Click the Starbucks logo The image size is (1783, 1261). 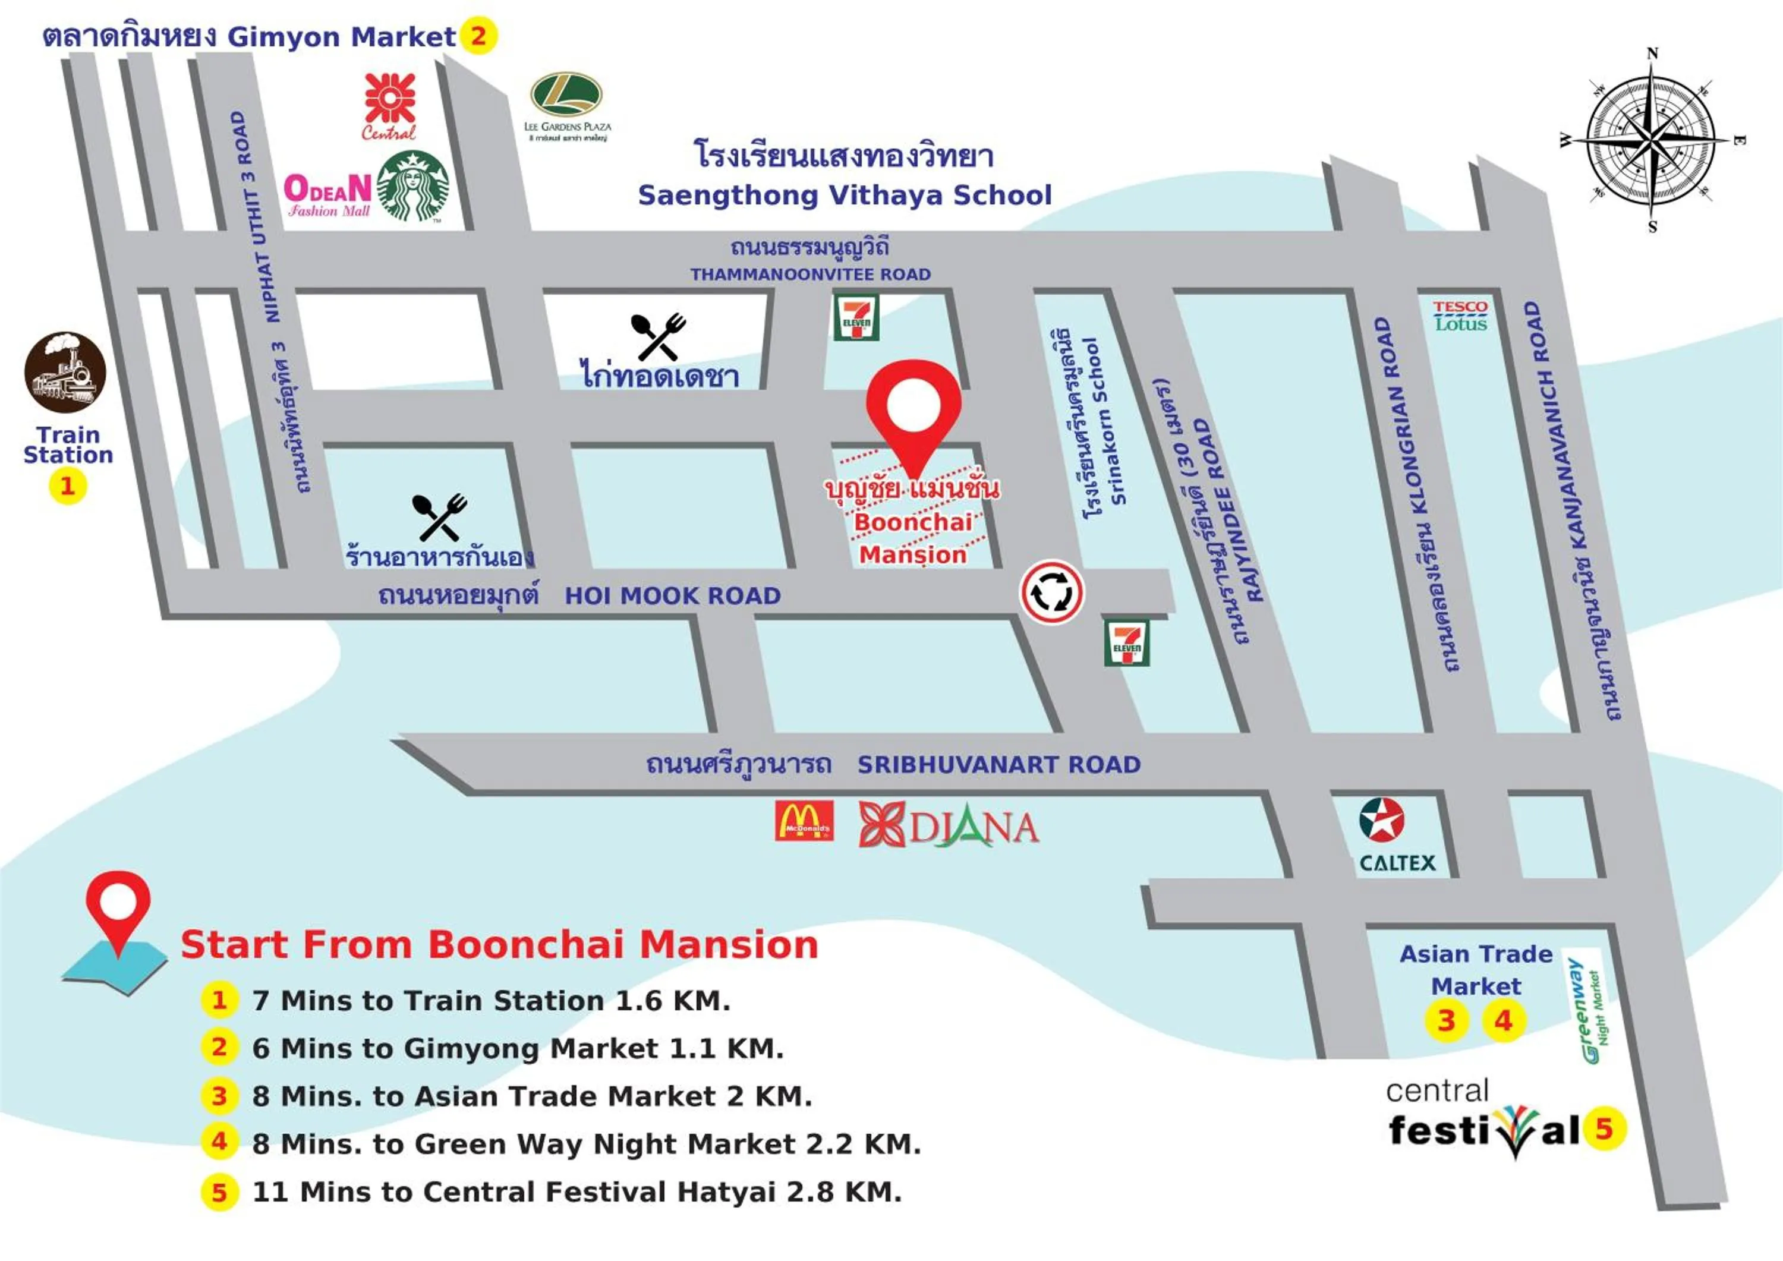tap(412, 187)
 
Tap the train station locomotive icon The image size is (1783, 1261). tap(65, 372)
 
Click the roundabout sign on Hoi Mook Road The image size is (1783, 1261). tap(1051, 592)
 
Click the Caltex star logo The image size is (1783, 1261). tap(1381, 820)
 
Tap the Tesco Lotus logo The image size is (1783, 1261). tap(1460, 316)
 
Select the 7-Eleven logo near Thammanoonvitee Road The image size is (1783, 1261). tap(856, 317)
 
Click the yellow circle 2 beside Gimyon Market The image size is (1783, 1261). tap(478, 36)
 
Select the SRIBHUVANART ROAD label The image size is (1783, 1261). tap(998, 765)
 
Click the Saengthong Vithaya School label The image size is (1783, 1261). tap(845, 195)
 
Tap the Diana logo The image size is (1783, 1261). tap(948, 825)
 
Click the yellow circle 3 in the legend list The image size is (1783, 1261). tap(219, 1096)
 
